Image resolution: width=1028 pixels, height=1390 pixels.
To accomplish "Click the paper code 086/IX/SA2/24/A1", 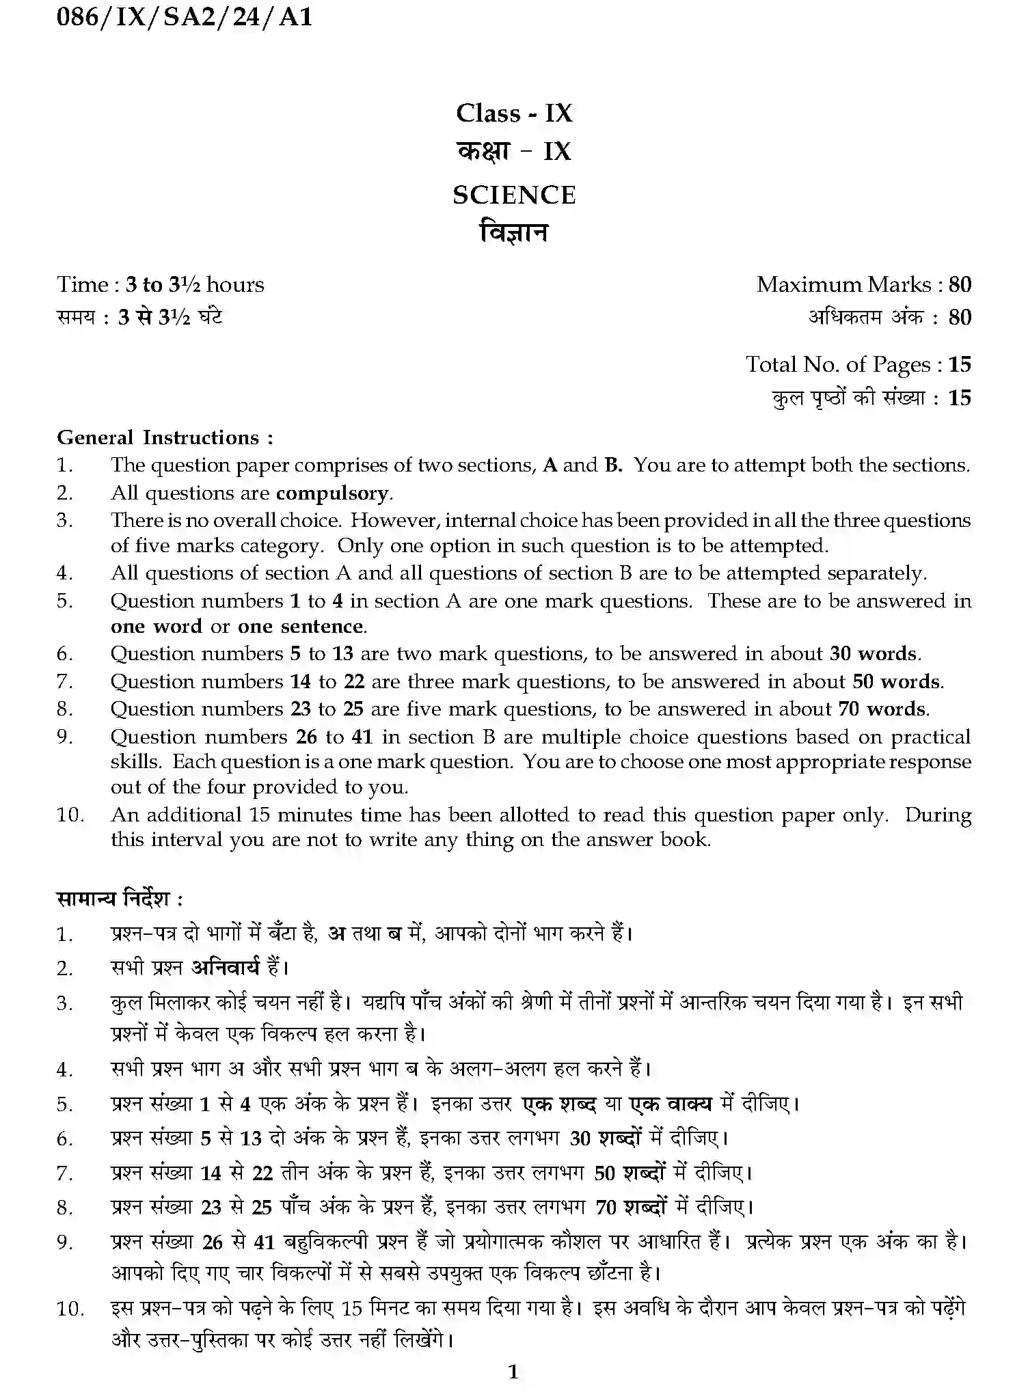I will click(185, 16).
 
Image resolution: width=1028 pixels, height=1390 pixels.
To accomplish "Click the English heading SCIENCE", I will click(514, 195).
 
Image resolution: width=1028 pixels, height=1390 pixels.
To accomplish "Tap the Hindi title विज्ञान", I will click(514, 233).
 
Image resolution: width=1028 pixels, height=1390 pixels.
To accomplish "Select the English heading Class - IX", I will click(514, 113).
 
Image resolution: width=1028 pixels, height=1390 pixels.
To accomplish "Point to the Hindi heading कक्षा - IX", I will click(514, 151).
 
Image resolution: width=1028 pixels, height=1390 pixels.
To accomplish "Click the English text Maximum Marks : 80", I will click(863, 284).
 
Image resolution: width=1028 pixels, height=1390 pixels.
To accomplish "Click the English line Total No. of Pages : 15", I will click(858, 364).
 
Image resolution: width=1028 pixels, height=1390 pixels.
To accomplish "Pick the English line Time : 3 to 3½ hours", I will click(161, 284).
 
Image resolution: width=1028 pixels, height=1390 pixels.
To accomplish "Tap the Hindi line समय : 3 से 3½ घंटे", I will click(139, 317).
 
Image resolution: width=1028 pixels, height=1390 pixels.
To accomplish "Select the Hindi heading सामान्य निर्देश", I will click(119, 898).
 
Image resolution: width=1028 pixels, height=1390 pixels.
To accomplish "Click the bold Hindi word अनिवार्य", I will click(226, 968).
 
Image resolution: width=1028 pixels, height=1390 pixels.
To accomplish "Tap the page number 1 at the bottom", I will click(513, 1372).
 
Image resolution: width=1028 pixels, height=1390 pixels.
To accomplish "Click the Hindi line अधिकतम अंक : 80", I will click(890, 317).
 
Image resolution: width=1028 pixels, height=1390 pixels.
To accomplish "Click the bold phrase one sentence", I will click(301, 627).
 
